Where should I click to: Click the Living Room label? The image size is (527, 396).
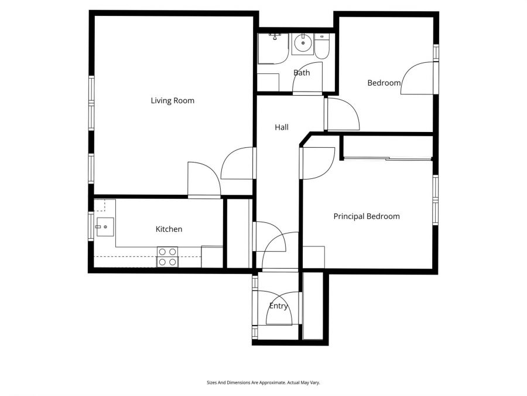[172, 100]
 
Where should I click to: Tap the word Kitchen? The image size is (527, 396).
[169, 229]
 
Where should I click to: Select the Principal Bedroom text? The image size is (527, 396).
[367, 216]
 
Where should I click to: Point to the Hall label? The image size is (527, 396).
[282, 127]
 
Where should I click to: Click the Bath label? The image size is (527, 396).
[302, 73]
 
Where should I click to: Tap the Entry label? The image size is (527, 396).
[278, 306]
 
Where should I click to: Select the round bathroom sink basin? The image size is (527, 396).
[302, 42]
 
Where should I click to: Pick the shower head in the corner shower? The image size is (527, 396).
[275, 36]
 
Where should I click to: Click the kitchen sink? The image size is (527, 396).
[106, 226]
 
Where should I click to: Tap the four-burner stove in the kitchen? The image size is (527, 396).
[167, 257]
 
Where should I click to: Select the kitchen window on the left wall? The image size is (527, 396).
[91, 226]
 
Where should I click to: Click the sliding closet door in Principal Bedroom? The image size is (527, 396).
[386, 158]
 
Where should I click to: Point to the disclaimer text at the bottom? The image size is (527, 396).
[263, 383]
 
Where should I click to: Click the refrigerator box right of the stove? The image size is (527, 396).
[212, 257]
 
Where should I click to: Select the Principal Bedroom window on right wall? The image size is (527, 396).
[435, 200]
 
